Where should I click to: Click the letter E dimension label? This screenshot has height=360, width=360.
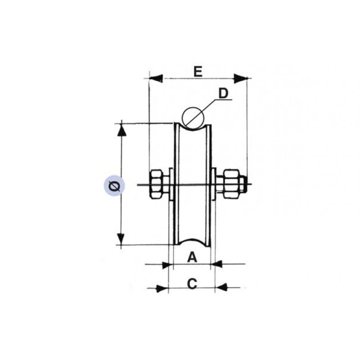coord(198,71)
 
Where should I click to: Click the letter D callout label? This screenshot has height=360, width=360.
coord(224,93)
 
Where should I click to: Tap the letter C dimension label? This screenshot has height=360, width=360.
coord(192,284)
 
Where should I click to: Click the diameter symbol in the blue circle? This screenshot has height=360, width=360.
coord(114,185)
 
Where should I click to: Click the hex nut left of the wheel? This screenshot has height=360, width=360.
coord(157,184)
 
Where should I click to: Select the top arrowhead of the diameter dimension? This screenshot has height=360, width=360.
coord(121,130)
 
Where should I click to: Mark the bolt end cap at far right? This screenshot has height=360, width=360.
coord(243,182)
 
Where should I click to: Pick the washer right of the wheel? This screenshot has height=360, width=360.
coord(215,183)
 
